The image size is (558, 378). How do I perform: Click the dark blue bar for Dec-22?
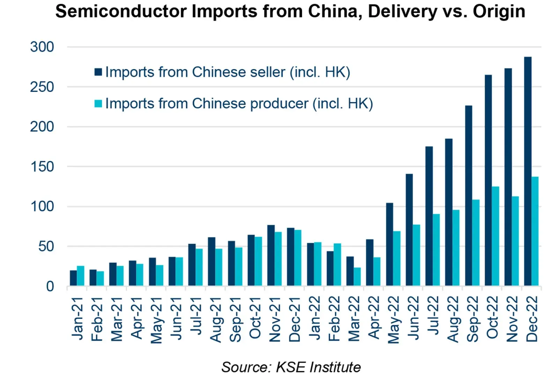528,171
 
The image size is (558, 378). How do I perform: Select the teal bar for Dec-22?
535,231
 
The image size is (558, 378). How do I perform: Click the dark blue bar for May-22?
389,244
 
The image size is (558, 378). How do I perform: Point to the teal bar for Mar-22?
357,277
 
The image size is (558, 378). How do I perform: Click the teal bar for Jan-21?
81,276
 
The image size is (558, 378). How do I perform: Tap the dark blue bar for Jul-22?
429,216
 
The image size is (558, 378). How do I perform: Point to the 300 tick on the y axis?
42,47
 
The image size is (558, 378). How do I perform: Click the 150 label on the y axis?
42,167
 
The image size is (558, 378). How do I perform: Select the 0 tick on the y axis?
50,286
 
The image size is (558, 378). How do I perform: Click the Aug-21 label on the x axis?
216,319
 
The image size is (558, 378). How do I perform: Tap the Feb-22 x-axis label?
334,318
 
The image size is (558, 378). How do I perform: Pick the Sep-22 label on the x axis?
473,319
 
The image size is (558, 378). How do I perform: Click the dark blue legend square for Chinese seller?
98,72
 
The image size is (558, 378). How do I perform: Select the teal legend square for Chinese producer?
98,103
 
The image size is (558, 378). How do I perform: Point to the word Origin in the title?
499,11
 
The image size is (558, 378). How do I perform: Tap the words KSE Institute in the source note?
318,367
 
